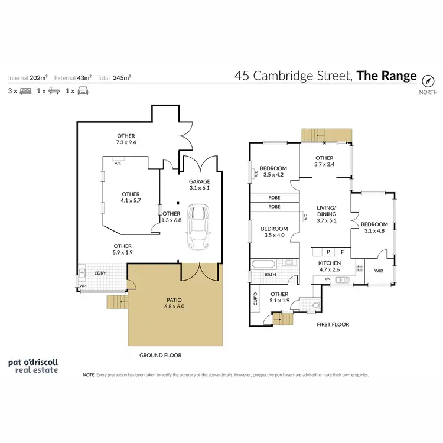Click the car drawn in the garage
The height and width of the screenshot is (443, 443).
pyautogui.click(x=198, y=227)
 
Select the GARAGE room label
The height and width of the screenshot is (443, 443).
pyautogui.click(x=200, y=185)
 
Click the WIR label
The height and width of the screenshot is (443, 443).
pyautogui.click(x=378, y=271)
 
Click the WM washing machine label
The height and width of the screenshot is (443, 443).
pyautogui.click(x=83, y=285)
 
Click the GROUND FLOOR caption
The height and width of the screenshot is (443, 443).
pyautogui.click(x=160, y=355)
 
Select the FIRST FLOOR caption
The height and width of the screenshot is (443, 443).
pyautogui.click(x=333, y=324)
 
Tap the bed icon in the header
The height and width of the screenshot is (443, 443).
pyautogui.click(x=25, y=91)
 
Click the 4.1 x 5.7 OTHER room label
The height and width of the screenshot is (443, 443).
pyautogui.click(x=131, y=197)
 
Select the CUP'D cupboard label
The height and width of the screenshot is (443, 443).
pyautogui.click(x=256, y=299)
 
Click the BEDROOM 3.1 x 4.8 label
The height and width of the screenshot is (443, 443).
pyautogui.click(x=374, y=227)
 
